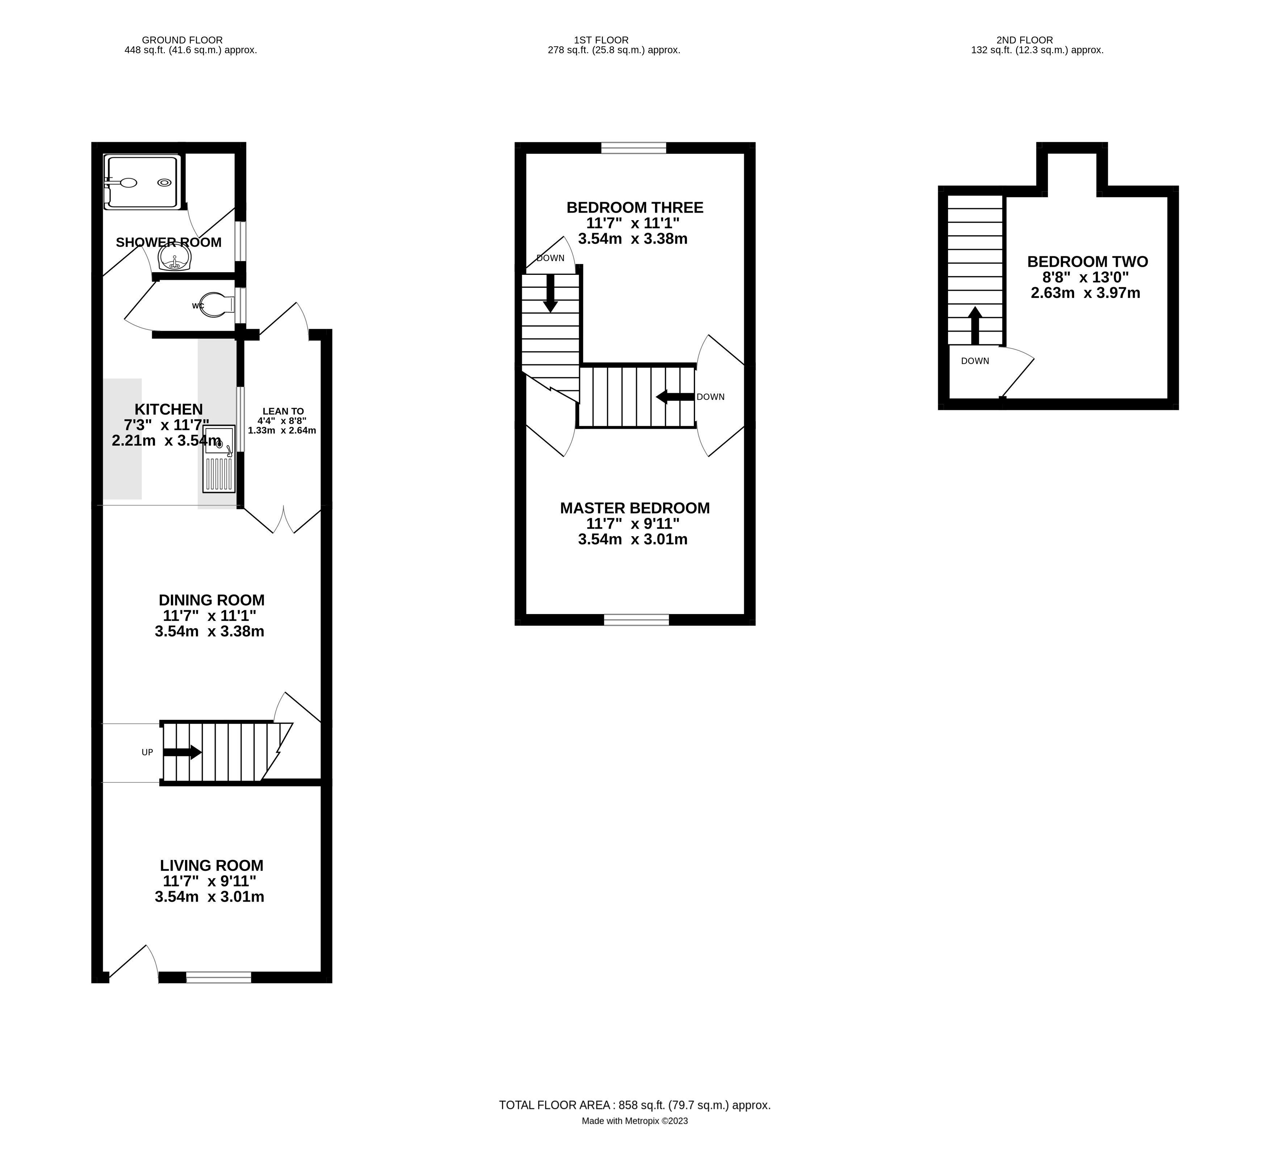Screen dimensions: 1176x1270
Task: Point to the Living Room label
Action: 211,865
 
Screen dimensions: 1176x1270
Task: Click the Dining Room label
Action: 211,600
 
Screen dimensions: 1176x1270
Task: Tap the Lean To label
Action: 283,411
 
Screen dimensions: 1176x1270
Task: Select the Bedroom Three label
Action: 635,207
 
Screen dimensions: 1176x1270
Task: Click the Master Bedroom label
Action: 635,508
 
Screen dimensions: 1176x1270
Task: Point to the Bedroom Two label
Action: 1087,261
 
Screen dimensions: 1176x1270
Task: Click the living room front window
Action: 218,978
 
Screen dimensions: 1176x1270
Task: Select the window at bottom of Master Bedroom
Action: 636,620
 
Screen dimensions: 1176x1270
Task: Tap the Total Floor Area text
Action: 635,1105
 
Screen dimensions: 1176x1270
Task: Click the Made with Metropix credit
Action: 635,1121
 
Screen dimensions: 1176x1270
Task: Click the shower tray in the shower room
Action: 141,182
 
